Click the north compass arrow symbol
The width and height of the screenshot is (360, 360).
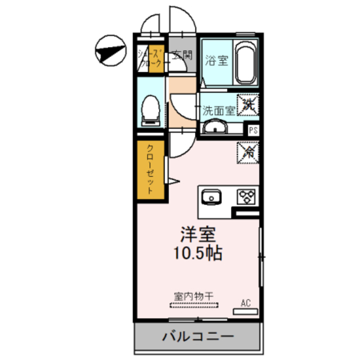pos(109,49)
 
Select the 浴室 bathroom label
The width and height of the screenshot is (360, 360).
pos(217,60)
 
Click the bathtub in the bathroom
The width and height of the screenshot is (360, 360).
pos(245,63)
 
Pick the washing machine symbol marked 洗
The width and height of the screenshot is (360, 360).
pos(249,103)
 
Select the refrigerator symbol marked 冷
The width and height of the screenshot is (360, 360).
pos(248,152)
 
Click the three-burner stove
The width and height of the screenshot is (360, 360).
pos(246,197)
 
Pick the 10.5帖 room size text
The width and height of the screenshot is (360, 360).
pos(197,253)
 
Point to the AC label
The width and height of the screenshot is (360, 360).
pos(246,303)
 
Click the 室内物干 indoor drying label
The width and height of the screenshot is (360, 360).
pos(192,296)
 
